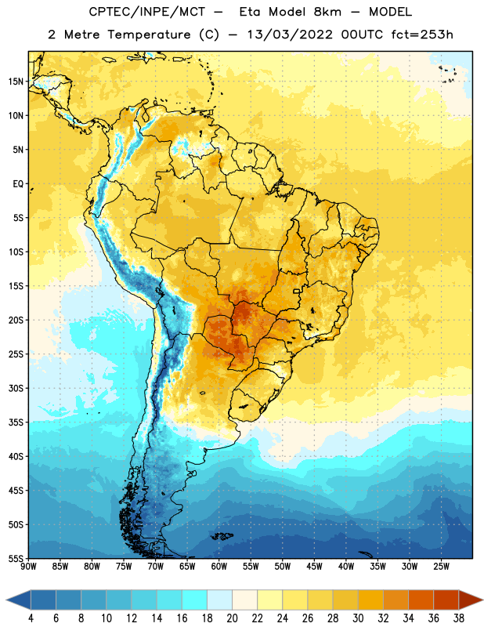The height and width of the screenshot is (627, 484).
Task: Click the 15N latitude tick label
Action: (15, 82)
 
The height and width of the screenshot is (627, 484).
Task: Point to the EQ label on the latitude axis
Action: (18, 184)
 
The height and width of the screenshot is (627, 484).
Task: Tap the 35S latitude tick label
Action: (16, 422)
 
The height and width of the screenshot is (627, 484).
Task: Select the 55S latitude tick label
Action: (16, 559)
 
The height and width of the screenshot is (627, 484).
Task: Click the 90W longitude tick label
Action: (28, 567)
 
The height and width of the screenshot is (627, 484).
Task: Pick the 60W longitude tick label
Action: (219, 567)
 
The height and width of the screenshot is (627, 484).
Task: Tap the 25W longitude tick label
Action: (441, 567)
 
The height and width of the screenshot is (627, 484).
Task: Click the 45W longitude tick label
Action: (314, 567)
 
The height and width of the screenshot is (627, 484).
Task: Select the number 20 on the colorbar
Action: (232, 618)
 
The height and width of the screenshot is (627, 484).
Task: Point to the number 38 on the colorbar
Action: (459, 618)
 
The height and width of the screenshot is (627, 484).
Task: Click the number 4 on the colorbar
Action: (31, 618)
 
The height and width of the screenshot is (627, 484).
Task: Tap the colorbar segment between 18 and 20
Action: (220, 600)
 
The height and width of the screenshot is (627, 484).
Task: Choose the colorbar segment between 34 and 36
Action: (421, 600)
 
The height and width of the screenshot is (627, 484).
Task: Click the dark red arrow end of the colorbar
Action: (469, 600)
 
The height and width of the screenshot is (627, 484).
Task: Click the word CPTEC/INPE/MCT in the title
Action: (146, 12)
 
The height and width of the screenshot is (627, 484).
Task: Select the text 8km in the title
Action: (327, 12)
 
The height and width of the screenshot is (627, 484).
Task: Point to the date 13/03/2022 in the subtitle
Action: (290, 34)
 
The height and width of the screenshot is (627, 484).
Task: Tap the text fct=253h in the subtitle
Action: (422, 34)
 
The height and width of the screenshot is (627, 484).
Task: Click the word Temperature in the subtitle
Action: (149, 35)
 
